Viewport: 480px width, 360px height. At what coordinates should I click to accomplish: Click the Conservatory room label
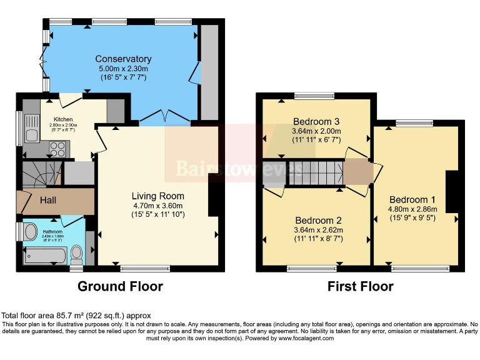point(123,59)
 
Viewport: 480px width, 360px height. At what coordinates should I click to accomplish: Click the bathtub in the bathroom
point(44,255)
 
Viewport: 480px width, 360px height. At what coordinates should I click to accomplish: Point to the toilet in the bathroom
point(77,253)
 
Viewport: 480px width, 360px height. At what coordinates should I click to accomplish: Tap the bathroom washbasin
point(29,232)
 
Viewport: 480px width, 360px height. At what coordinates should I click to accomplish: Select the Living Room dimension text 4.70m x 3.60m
point(157,206)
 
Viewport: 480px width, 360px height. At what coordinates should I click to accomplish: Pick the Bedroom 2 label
point(318,221)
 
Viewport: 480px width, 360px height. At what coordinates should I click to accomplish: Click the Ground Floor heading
point(120,286)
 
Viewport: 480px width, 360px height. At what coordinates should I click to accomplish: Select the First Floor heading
point(361,286)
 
